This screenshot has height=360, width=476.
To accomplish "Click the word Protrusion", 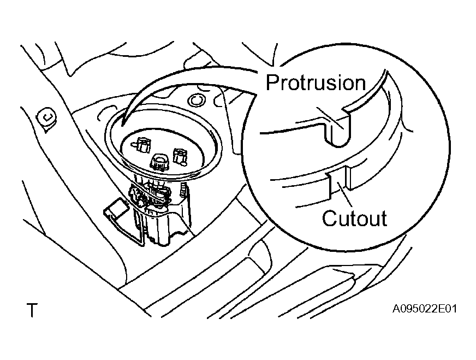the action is point(316,82).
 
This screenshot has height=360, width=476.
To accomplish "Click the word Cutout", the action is point(355,218).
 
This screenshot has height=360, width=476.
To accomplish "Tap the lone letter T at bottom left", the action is point(32,310).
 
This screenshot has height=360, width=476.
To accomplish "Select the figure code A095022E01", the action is point(424,309).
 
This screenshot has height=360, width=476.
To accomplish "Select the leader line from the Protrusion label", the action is point(331,118).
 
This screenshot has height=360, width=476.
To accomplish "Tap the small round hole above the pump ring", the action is point(196,100).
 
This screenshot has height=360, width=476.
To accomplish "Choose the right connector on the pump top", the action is point(180,156).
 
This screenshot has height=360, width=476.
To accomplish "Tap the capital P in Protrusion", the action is point(272,82).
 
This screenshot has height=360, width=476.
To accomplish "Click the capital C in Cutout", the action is point(329,218).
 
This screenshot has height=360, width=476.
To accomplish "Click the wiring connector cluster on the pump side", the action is point(148,196).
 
